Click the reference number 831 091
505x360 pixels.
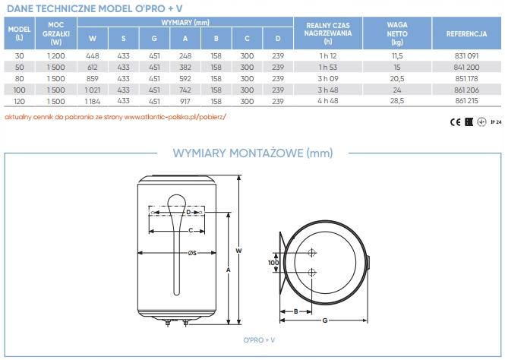(x=466, y=57)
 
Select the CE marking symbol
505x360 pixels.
(x=454, y=121)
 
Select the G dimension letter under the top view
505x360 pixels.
(x=324, y=321)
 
